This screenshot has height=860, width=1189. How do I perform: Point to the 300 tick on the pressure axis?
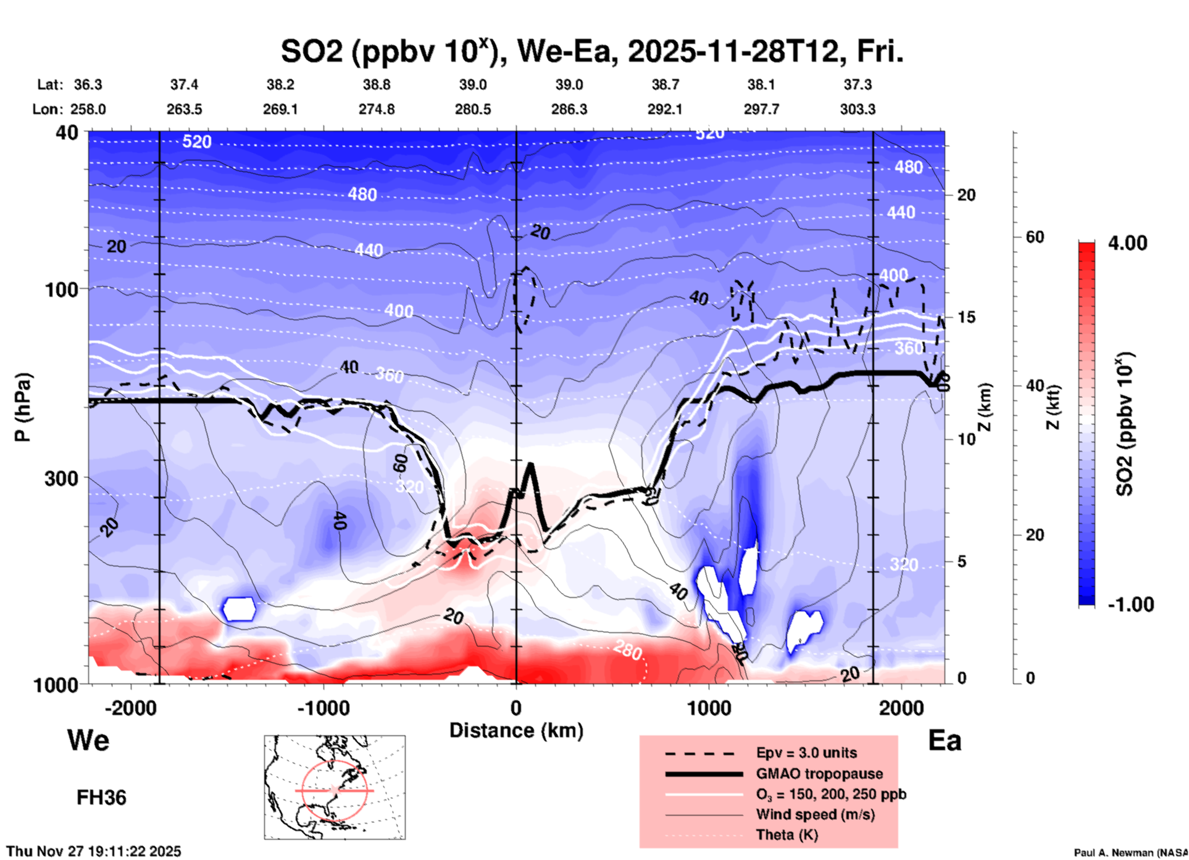pos(61,478)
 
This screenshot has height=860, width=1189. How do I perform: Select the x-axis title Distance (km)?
pos(516,730)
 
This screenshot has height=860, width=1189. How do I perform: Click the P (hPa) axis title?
pos(23,407)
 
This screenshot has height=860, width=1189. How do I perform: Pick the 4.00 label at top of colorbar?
pos(1127,243)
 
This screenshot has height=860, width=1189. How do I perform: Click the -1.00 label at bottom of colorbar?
pos(1130,604)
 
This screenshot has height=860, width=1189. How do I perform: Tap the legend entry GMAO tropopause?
pos(819,774)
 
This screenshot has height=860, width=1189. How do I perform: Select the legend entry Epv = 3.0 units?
pos(806,753)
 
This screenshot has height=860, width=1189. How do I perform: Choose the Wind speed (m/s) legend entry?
pos(815,814)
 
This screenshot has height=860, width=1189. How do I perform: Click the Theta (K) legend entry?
pos(787,835)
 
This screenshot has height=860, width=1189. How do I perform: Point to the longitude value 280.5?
pos(473,109)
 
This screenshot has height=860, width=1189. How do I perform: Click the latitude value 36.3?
pos(88,85)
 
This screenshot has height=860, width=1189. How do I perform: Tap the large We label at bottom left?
pos(88,740)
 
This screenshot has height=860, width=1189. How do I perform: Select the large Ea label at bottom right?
pos(945,740)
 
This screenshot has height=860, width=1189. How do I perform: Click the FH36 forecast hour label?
pos(101,798)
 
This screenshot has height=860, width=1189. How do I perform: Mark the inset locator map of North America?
pos(335,787)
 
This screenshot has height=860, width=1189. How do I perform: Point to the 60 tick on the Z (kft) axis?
pos(1035,237)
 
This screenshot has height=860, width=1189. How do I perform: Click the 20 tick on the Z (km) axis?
pos(966,195)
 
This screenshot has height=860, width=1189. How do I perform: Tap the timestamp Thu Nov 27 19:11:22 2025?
pos(94,851)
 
